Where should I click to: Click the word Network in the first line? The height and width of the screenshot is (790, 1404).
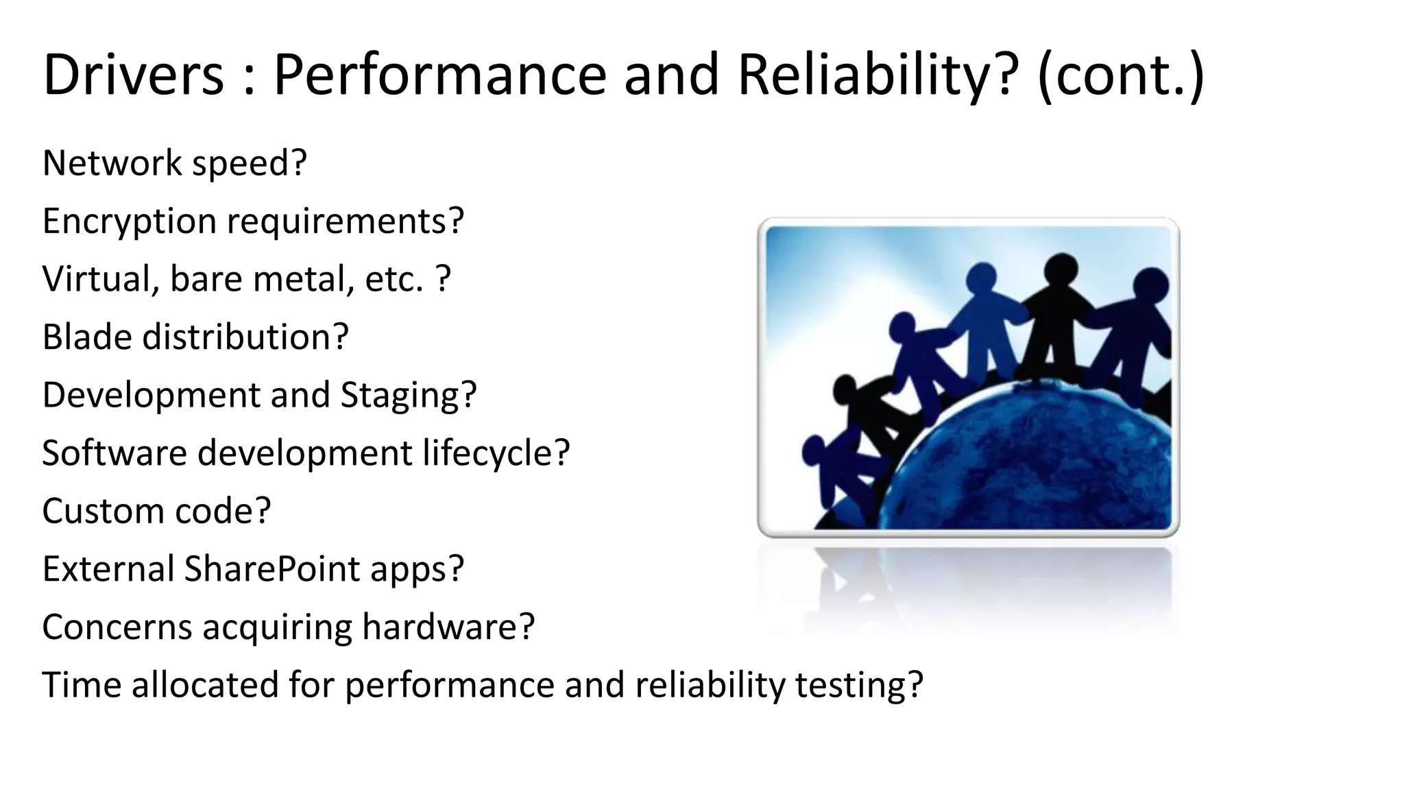pyautogui.click(x=112, y=163)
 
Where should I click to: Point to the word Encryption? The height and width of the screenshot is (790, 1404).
pyautogui.click(x=130, y=222)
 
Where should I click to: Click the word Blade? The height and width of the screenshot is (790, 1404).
pyautogui.click(x=86, y=337)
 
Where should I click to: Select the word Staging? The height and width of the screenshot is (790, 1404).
pyautogui.click(x=408, y=396)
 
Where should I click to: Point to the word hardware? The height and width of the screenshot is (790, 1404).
pyautogui.click(x=448, y=627)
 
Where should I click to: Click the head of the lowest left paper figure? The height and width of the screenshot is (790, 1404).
pyautogui.click(x=816, y=451)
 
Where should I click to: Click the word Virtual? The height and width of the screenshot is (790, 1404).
pyautogui.click(x=97, y=279)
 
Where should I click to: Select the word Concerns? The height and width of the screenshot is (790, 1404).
pyautogui.click(x=117, y=627)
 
